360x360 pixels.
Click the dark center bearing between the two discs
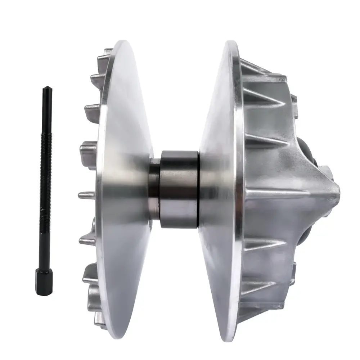tap(179, 189)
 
